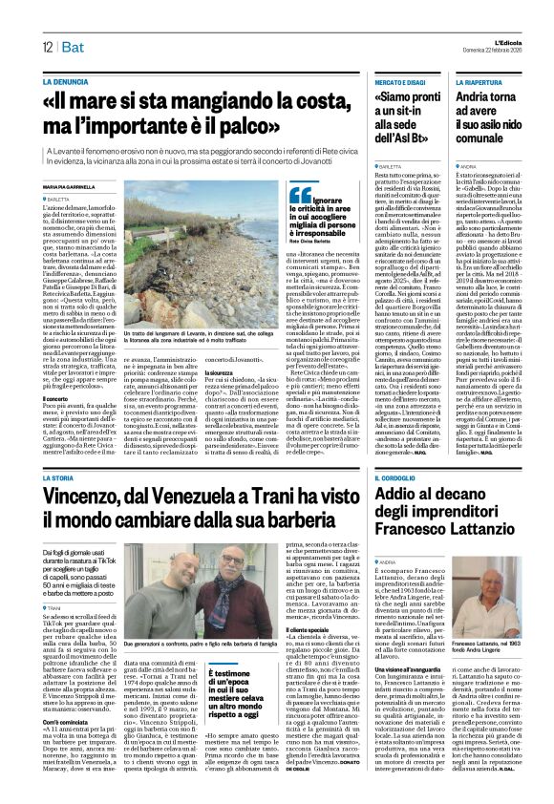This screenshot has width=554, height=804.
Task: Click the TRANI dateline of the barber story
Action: click(x=53, y=605)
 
